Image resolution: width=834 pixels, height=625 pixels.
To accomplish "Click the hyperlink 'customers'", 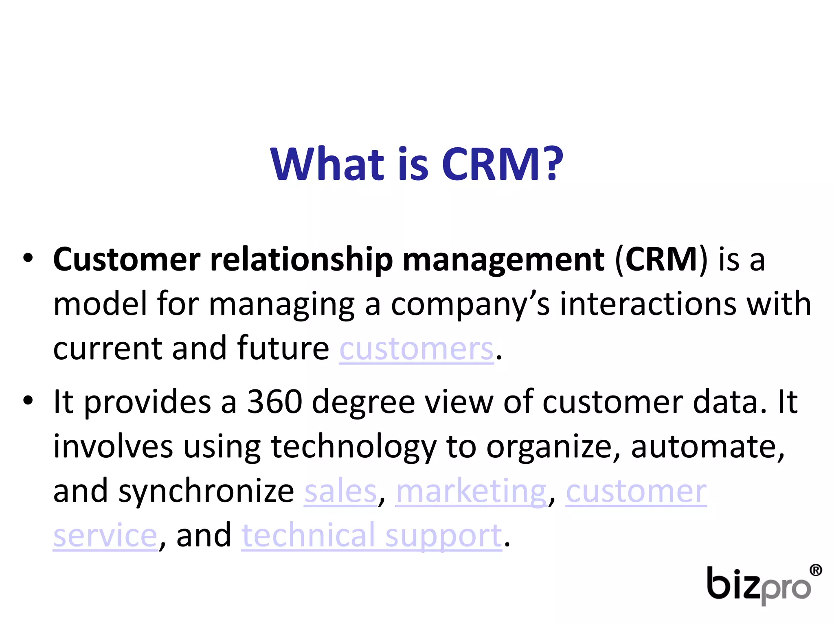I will pos(416,349).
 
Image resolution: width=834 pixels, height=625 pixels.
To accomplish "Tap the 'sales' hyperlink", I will pos(340,492).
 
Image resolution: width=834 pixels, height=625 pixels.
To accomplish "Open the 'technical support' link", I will pos(371,536).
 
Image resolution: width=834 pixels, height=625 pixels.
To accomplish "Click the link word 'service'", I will pos(105,536).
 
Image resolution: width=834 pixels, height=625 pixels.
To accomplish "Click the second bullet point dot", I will pos(28,400).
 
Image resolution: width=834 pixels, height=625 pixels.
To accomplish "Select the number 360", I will pos(274,402).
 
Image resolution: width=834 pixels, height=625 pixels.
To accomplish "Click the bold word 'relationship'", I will pos(301,260).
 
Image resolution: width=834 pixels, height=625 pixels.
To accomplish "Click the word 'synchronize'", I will pos(206,492).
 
